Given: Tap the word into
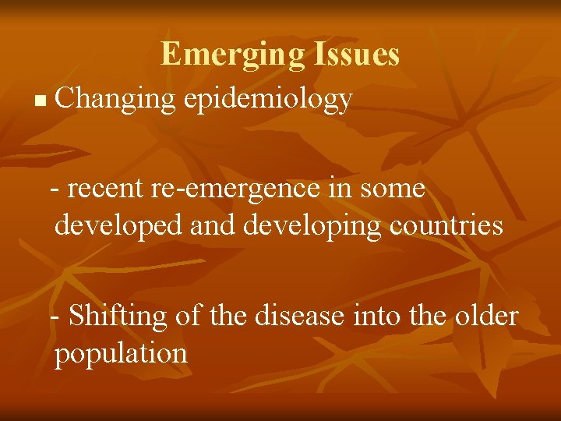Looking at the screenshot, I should tap(377, 316).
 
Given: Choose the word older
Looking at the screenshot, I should tap(489, 316).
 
